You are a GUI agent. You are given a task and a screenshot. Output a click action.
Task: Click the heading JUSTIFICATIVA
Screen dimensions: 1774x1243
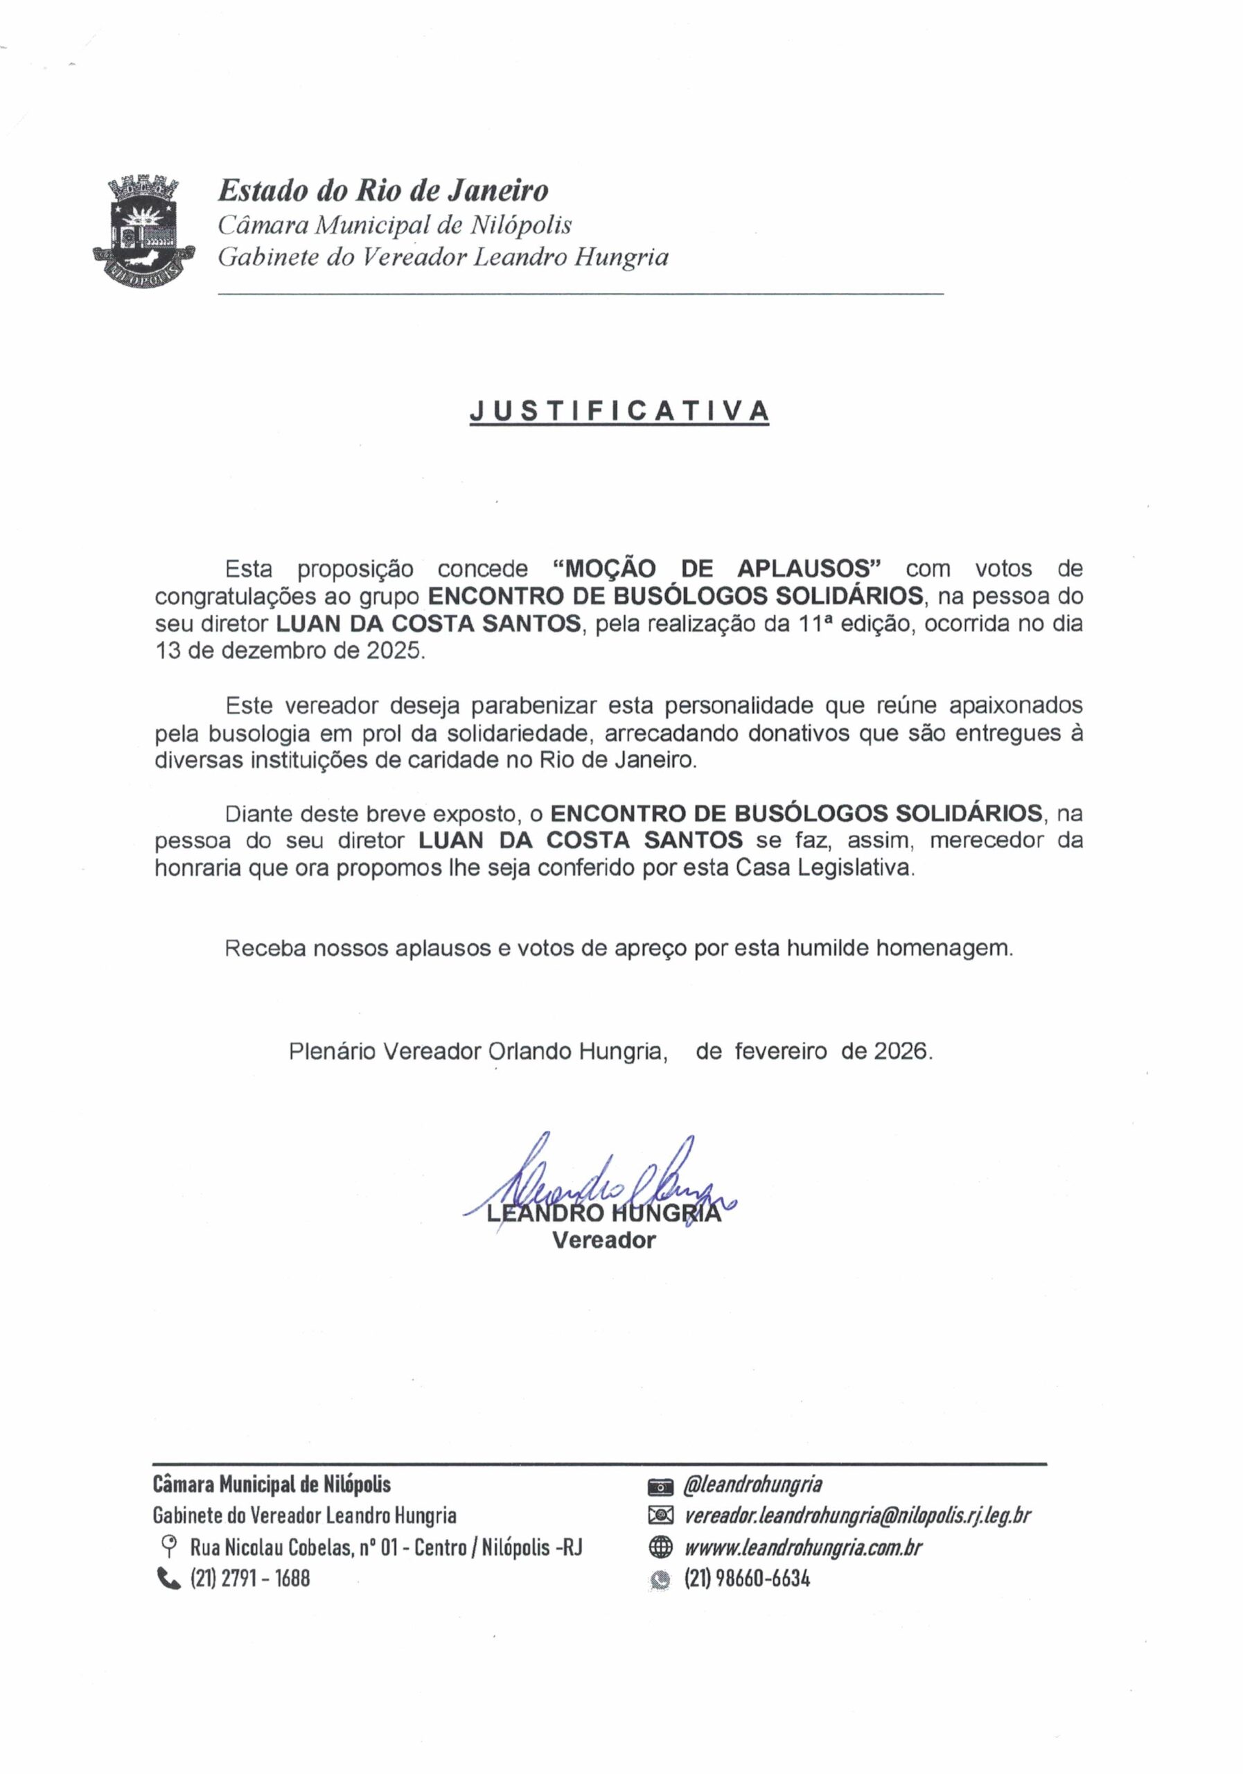[x=619, y=410]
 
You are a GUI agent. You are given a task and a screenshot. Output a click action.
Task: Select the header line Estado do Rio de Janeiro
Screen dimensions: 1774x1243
[x=383, y=190]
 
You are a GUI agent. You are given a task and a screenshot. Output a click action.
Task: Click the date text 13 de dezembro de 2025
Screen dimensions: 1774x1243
[x=290, y=651]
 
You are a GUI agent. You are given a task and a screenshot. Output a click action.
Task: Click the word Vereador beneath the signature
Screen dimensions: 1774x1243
[x=603, y=1240]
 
